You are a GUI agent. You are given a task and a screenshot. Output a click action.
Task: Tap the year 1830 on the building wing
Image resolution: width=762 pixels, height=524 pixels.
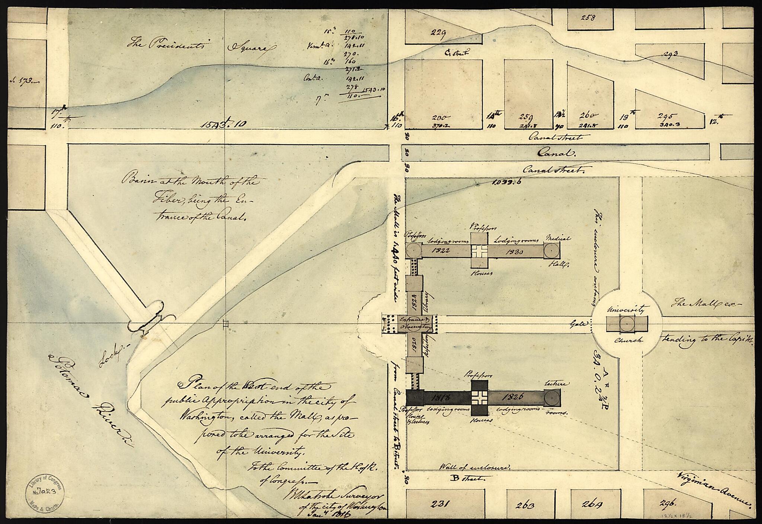click(x=515, y=251)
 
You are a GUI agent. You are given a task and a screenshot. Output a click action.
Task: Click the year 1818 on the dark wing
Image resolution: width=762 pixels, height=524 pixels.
click(x=441, y=397)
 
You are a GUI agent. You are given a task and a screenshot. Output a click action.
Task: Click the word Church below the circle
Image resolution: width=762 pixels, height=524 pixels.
click(x=623, y=340)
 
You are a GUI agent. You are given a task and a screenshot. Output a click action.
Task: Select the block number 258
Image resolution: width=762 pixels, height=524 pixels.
click(x=588, y=17)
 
